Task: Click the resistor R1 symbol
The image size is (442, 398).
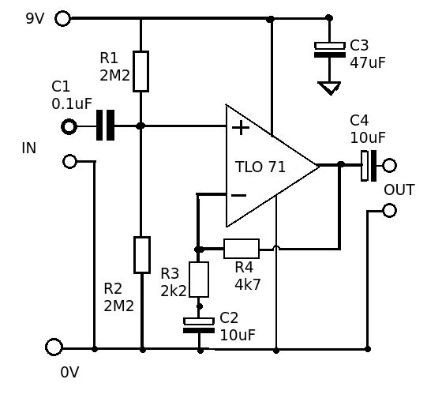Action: [x=141, y=70]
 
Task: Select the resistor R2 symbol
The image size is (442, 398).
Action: [x=141, y=254]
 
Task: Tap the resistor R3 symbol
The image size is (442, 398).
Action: [x=200, y=280]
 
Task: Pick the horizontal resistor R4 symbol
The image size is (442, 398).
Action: [x=242, y=248]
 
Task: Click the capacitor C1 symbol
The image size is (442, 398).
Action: [x=106, y=125]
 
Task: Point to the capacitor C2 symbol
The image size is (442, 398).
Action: [x=200, y=325]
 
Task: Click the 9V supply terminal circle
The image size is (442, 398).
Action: [x=62, y=18]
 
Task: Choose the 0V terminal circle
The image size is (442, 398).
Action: [x=54, y=347]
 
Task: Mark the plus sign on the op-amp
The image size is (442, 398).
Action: [x=240, y=127]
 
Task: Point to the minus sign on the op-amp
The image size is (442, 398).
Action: [x=238, y=195]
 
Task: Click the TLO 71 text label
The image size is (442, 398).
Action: [x=260, y=167]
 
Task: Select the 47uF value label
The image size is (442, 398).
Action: [x=368, y=62]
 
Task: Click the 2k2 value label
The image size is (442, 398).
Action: [x=173, y=290]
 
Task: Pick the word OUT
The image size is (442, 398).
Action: [x=399, y=191]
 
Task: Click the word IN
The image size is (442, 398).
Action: [x=29, y=148]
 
